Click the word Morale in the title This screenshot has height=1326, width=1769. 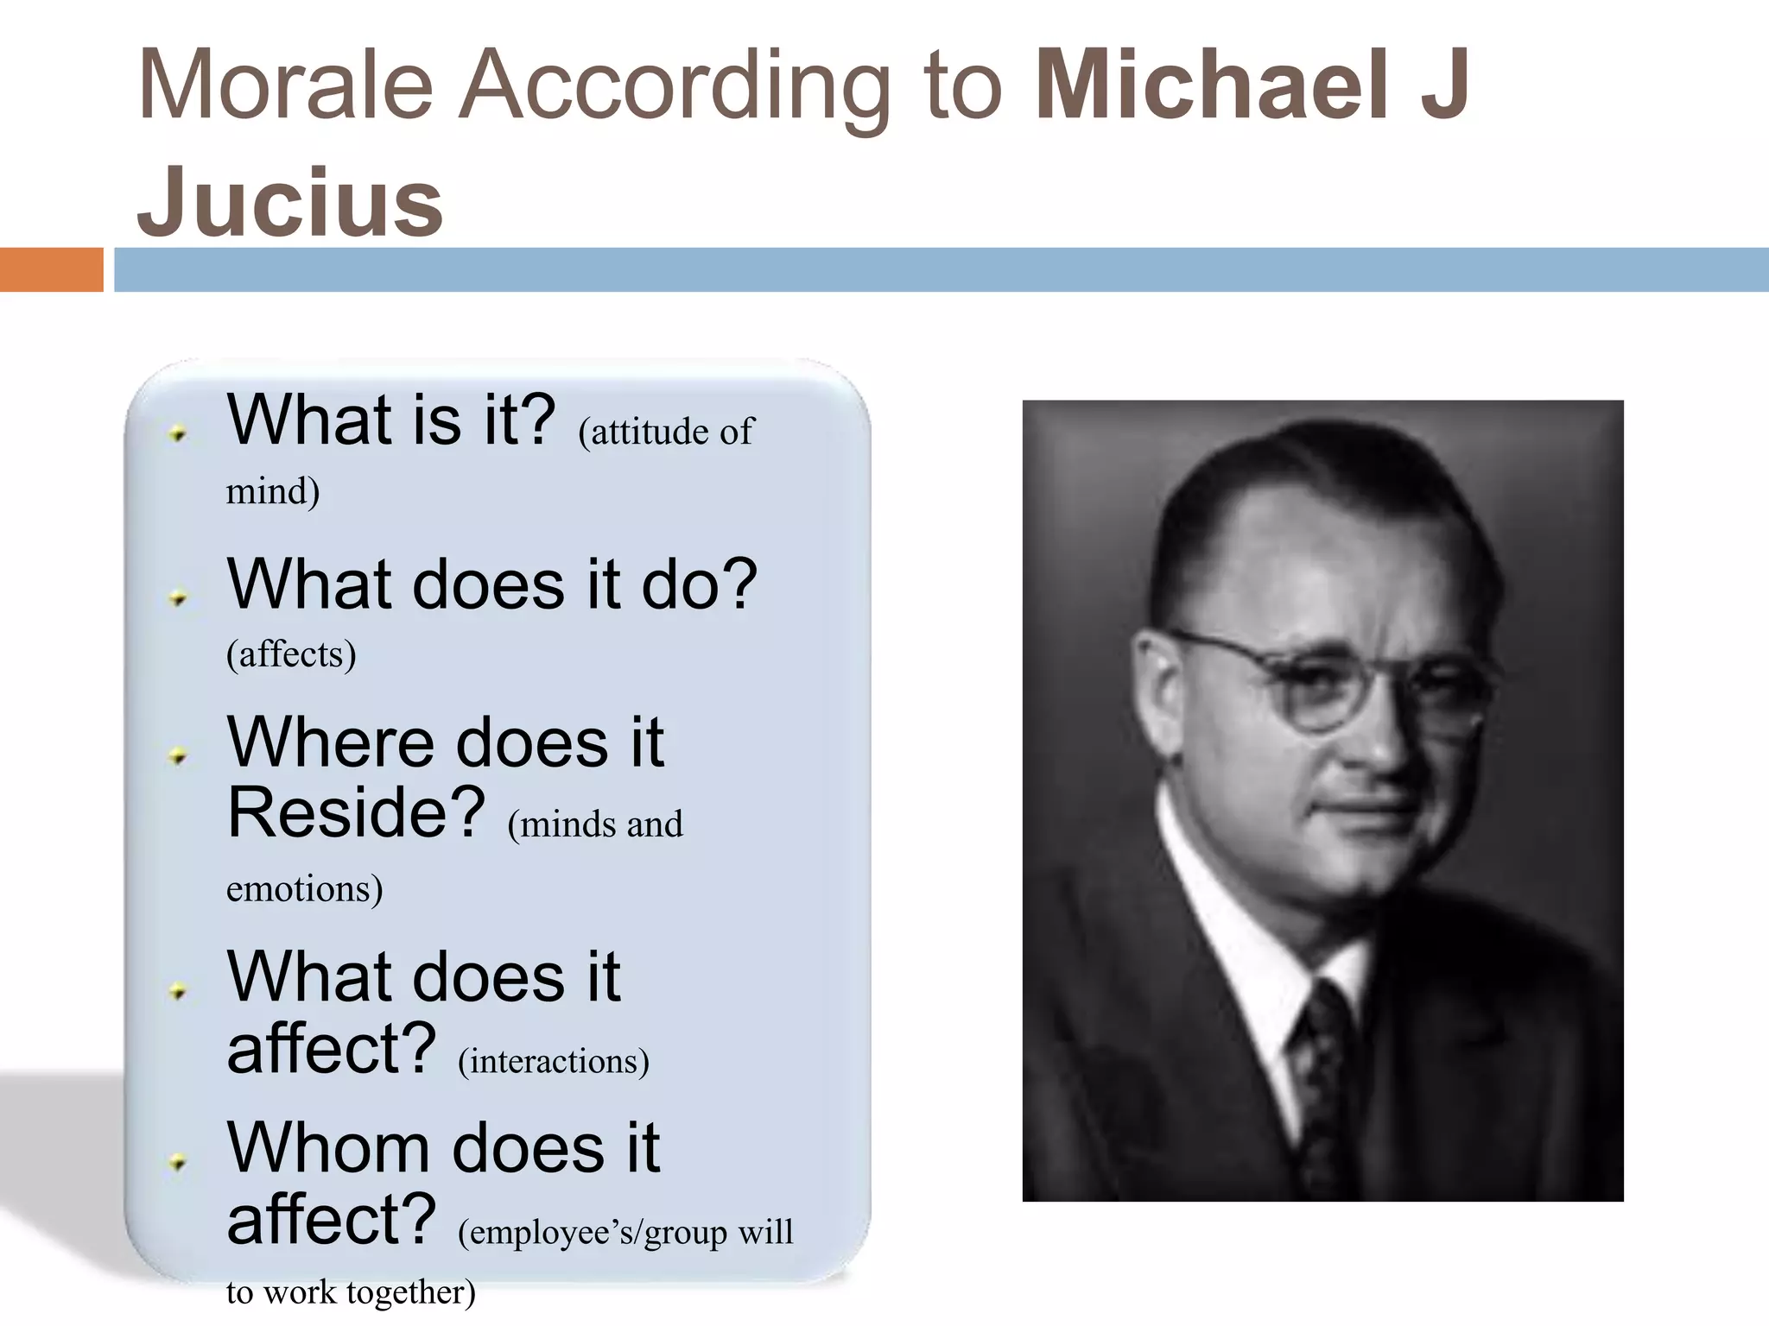tap(285, 85)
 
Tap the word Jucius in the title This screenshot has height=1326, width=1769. tap(290, 202)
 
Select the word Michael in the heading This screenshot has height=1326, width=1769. tap(1213, 85)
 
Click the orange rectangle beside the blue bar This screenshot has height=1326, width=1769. tap(51, 269)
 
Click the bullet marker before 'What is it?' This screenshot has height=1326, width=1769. tap(179, 433)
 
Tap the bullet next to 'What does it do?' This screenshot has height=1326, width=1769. tap(179, 597)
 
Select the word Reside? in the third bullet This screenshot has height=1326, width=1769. tap(356, 812)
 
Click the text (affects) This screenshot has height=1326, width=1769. tap(291, 654)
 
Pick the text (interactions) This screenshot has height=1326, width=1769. tap(553, 1061)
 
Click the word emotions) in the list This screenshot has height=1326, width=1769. tap(304, 889)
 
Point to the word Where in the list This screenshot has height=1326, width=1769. tap(332, 742)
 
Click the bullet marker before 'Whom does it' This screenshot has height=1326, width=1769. tap(179, 1163)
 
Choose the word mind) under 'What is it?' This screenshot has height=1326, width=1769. tap(273, 491)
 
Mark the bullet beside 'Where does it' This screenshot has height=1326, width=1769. tap(179, 757)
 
